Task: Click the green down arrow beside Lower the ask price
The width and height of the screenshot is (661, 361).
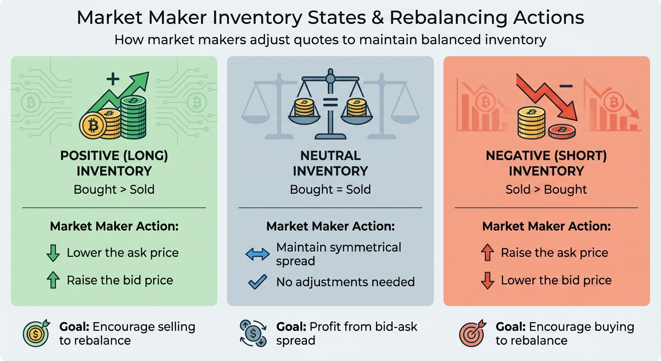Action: tap(53, 253)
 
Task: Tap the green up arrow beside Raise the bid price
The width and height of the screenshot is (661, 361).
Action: tap(53, 281)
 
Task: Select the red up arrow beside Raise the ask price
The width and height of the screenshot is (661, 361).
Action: tap(488, 253)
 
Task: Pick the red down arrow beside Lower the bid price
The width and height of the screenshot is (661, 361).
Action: tap(488, 281)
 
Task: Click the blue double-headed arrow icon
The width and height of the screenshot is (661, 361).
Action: tap(257, 254)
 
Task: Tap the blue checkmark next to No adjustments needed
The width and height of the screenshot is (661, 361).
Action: tap(257, 282)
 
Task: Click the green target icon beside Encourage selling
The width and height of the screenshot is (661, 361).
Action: tap(36, 333)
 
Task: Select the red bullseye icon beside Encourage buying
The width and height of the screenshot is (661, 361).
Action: tap(471, 333)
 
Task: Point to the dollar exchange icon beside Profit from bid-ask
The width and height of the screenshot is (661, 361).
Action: tap(253, 333)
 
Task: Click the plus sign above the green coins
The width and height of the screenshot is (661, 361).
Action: tap(113, 78)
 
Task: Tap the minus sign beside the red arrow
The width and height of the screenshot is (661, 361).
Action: tap(567, 86)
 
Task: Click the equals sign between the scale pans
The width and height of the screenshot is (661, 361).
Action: tap(330, 103)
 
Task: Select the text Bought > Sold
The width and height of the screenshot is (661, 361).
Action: tap(114, 189)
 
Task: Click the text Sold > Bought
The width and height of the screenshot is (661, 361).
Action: tap(546, 189)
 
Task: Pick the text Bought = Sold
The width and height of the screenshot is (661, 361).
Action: tap(330, 189)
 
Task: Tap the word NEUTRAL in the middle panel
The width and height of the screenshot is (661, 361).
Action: tap(330, 156)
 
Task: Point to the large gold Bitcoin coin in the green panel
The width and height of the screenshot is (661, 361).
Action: tap(94, 125)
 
